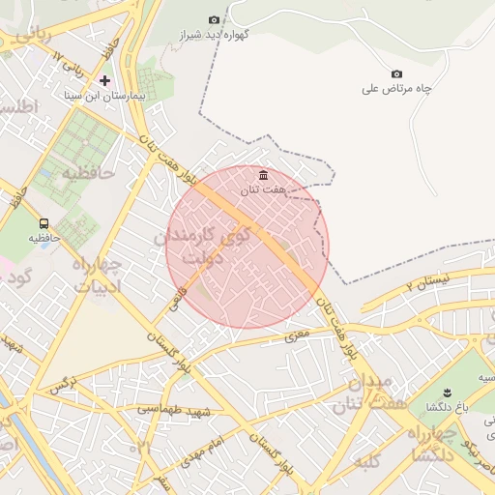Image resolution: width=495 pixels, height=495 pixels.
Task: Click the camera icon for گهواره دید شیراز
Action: pyautogui.click(x=214, y=19)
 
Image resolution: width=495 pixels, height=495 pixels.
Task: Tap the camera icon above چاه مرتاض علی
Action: pyautogui.click(x=396, y=74)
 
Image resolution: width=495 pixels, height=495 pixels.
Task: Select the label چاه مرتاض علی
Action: pyautogui.click(x=395, y=89)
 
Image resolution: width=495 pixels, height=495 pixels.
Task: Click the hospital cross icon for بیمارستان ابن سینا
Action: pyautogui.click(x=105, y=80)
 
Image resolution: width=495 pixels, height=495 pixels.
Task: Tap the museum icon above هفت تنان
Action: pyautogui.click(x=263, y=175)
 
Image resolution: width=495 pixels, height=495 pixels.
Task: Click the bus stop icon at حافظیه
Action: pyautogui.click(x=44, y=223)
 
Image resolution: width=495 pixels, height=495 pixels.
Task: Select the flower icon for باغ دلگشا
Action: pyautogui.click(x=447, y=392)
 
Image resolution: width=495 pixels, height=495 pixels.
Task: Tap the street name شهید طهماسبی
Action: pyautogui.click(x=173, y=412)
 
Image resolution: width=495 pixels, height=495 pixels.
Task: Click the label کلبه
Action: pyautogui.click(x=369, y=462)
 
